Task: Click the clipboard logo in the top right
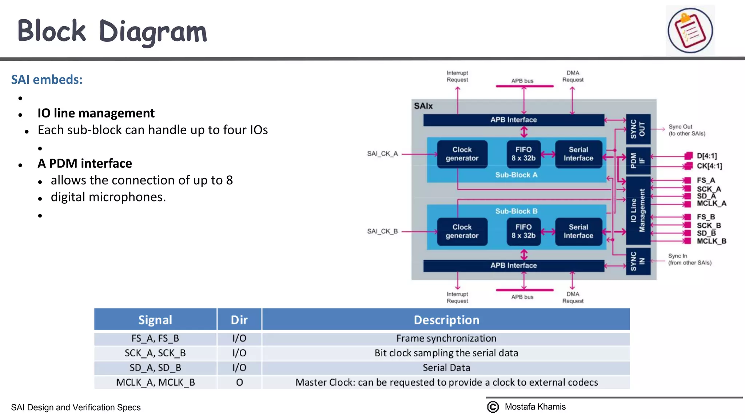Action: click(690, 31)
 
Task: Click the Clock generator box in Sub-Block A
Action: click(462, 154)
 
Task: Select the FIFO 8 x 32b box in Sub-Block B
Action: click(523, 231)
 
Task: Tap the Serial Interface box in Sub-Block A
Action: click(578, 154)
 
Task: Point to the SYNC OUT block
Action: click(638, 129)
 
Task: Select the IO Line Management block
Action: click(638, 210)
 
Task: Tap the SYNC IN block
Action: click(638, 261)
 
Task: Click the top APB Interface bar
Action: click(513, 120)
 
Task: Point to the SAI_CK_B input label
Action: click(382, 231)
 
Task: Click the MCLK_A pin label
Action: click(711, 203)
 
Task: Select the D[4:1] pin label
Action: click(706, 156)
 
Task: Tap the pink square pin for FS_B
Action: click(687, 217)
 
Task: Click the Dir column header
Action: click(239, 320)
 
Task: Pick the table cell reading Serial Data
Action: click(446, 368)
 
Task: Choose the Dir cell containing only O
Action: click(239, 382)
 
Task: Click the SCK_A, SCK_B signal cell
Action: click(155, 353)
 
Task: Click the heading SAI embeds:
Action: click(47, 80)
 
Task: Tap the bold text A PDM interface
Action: click(85, 164)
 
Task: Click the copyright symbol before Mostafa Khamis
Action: click(493, 407)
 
